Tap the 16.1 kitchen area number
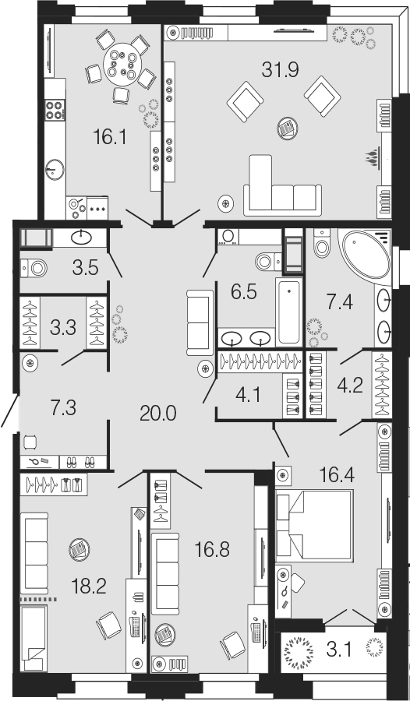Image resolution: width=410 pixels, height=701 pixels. [x=110, y=137]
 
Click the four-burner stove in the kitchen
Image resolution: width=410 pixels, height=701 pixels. [x=55, y=110]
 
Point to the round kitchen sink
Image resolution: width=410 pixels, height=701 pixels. [x=55, y=170]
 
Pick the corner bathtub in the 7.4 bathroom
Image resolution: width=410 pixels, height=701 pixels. [x=366, y=255]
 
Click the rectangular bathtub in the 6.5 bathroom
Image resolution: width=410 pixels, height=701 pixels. [x=288, y=312]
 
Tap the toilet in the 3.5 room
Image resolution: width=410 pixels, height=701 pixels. [x=34, y=268]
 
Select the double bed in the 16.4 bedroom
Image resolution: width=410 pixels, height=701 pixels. [x=314, y=526]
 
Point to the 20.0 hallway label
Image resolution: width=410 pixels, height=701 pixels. [x=158, y=414]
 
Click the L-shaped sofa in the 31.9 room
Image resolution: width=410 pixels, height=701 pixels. [x=282, y=188]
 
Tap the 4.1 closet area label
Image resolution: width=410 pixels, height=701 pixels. [x=248, y=395]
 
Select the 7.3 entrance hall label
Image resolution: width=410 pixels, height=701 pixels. [x=64, y=408]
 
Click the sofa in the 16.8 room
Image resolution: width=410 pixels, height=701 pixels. [x=165, y=573]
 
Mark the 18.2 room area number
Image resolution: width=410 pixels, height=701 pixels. [x=89, y=586]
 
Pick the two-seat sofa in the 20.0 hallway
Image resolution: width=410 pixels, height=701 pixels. [x=200, y=322]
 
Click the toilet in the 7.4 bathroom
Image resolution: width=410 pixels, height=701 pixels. [x=322, y=243]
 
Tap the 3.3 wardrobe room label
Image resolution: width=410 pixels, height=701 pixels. [x=63, y=327]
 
